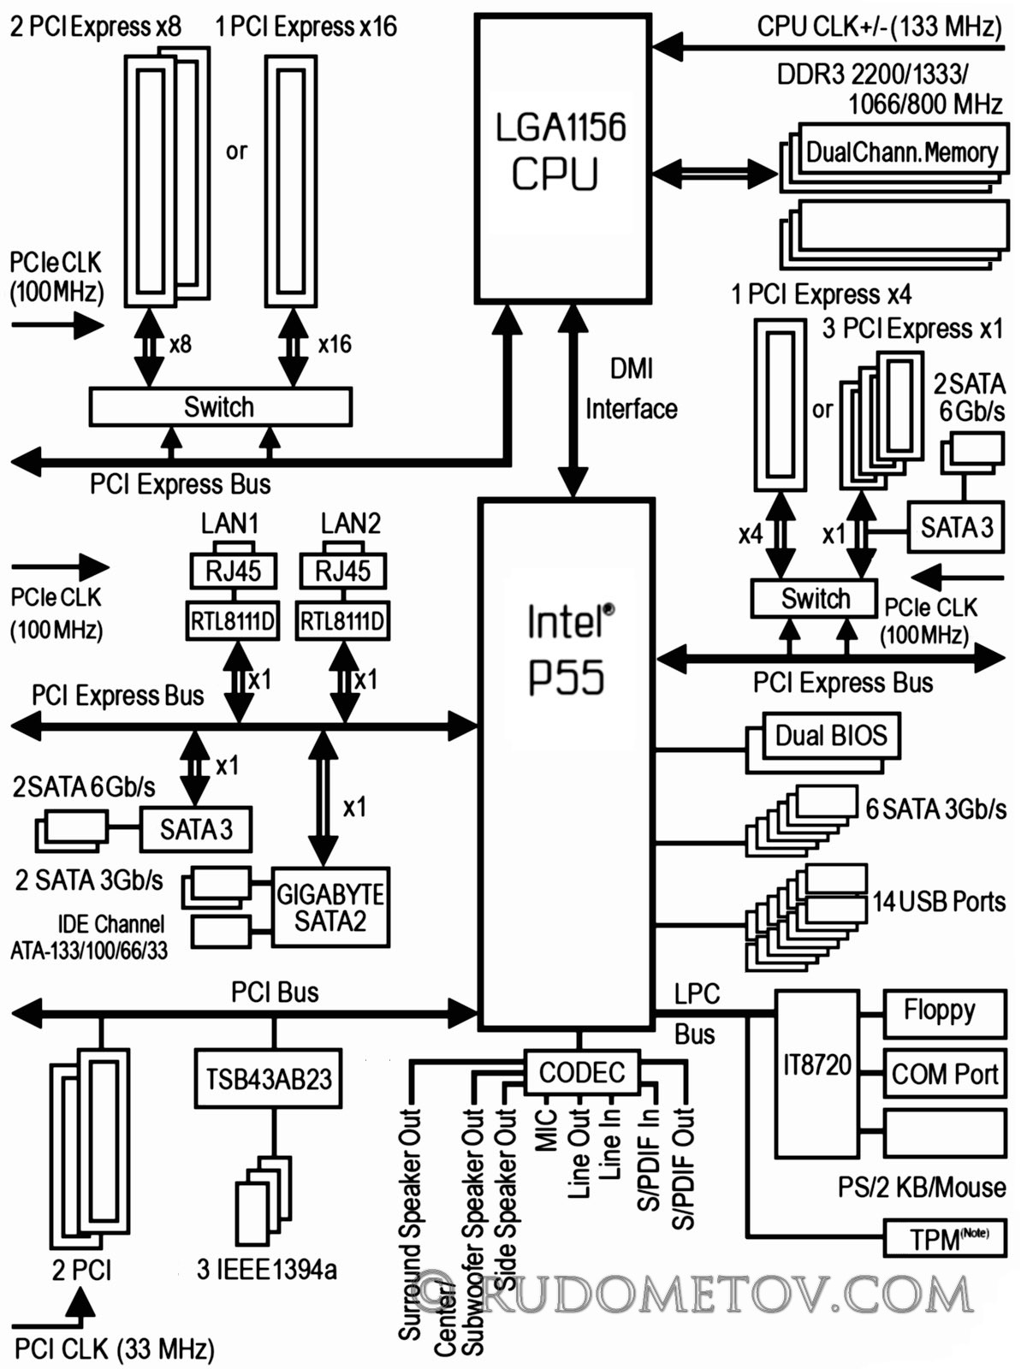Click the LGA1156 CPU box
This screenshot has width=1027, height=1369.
click(563, 159)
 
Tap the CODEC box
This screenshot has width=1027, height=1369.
click(582, 1073)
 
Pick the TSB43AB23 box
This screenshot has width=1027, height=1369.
click(268, 1078)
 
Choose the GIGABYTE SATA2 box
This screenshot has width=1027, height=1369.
click(330, 908)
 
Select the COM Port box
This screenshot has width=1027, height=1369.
click(945, 1074)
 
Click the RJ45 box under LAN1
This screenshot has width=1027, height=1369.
click(233, 571)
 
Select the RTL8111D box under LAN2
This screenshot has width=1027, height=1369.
click(343, 620)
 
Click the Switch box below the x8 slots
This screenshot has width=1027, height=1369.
click(220, 407)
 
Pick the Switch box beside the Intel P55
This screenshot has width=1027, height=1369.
click(815, 599)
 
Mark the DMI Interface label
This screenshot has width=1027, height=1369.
click(631, 389)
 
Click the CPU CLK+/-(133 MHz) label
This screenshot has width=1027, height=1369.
click(879, 27)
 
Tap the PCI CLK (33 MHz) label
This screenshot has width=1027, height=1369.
click(114, 1349)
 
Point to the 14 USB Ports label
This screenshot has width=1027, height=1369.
click(939, 901)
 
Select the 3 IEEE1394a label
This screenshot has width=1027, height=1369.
click(267, 1270)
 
